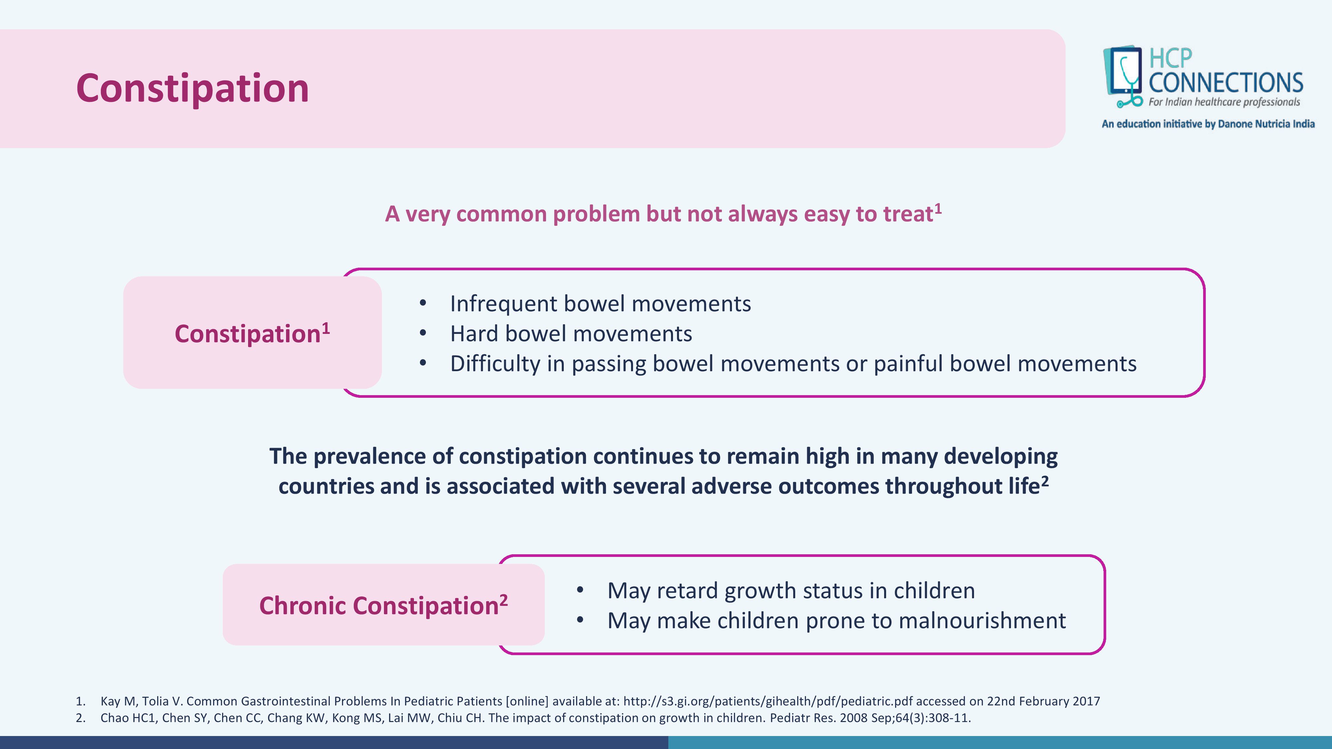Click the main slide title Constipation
click(x=192, y=89)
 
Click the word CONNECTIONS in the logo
click(x=1225, y=83)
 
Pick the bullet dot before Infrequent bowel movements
click(x=423, y=303)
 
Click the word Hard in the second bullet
click(x=474, y=334)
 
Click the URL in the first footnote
click(x=768, y=701)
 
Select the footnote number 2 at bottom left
click(x=80, y=718)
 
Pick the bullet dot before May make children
click(x=580, y=620)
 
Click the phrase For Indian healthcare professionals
click(x=1224, y=102)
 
